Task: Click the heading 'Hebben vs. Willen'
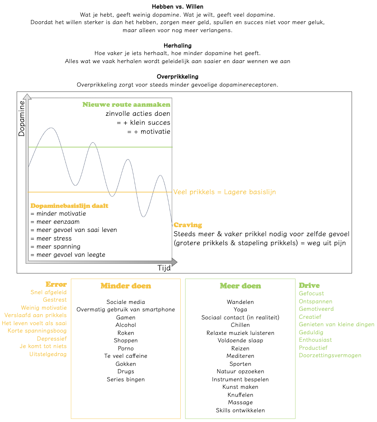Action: point(177,7)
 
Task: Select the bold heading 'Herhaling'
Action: point(177,46)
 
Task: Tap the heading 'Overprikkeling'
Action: point(177,77)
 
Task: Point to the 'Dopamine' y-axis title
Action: point(22,118)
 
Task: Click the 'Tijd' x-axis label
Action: point(164,268)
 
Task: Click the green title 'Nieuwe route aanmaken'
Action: point(126,105)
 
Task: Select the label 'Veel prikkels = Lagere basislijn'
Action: point(225,192)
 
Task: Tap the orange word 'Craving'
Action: point(188,225)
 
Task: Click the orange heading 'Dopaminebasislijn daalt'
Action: point(69,206)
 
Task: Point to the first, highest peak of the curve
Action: point(51,128)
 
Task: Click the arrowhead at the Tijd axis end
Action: point(174,262)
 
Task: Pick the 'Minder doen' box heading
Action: point(126,286)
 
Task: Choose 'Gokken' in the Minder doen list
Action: point(126,364)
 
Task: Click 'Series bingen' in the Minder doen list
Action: point(126,379)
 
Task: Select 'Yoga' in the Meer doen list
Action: point(240,309)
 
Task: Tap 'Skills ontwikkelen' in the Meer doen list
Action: point(240,410)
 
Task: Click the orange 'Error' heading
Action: point(56,284)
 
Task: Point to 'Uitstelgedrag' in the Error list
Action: point(48,354)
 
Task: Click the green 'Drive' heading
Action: point(309,286)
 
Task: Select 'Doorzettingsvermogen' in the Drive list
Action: point(330,355)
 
